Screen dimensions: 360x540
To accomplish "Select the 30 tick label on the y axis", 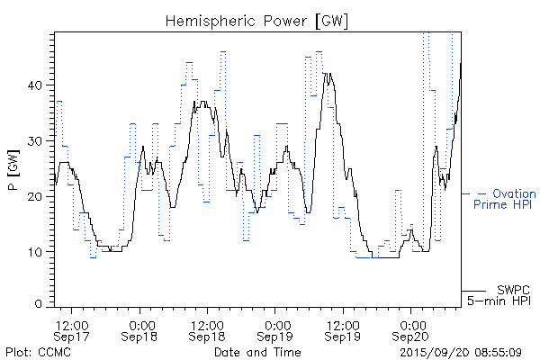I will coord(41,140).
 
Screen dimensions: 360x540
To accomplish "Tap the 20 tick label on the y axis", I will coord(41,196).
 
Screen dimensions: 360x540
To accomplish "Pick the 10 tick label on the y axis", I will coord(41,251).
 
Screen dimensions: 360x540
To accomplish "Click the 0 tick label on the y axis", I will coord(45,306).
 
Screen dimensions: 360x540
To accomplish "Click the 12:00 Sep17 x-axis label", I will coord(72,329).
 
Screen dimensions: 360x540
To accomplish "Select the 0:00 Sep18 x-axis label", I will coord(139,329).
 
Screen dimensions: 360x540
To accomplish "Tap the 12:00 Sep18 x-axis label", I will coord(207,329).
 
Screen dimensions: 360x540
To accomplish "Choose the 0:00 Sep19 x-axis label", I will coord(276,329).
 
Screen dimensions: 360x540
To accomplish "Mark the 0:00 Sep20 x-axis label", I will coord(412,329).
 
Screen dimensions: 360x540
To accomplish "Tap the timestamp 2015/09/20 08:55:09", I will coord(461,352).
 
